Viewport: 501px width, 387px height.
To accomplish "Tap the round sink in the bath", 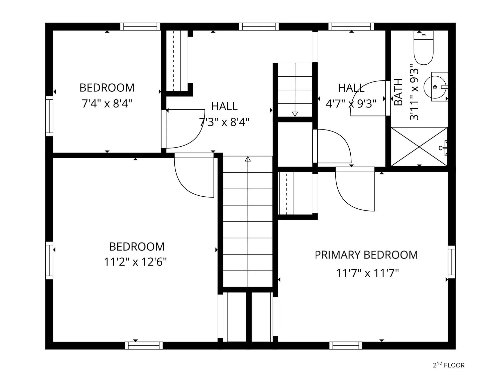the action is (435, 87).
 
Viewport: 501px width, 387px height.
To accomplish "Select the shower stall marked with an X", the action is (419, 147).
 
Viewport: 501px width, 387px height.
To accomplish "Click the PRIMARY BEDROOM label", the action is (366, 255).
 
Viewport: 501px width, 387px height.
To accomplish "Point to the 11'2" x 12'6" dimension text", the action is (135, 262).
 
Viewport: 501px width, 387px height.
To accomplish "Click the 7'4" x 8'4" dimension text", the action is (107, 103).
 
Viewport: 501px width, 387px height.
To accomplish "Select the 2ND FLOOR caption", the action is (449, 365).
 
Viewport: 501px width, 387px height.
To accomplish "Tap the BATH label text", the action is (398, 92).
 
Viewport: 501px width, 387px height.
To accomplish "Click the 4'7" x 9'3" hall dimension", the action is (351, 103).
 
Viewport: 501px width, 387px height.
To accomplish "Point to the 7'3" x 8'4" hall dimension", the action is (224, 122).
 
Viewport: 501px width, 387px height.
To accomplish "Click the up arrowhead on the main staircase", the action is (248, 159).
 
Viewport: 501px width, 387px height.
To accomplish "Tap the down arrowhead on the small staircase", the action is (295, 114).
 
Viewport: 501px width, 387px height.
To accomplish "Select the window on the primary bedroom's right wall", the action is (452, 262).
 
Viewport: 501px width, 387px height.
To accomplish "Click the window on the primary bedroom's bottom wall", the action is (346, 346).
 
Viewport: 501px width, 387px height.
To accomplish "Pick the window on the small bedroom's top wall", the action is (140, 27).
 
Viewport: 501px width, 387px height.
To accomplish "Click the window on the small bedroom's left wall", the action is (49, 116).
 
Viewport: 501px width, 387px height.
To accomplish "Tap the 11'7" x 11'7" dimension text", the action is (367, 273).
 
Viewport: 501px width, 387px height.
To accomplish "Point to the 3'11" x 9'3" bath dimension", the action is (414, 92).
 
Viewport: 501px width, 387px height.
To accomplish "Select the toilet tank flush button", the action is (424, 35).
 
